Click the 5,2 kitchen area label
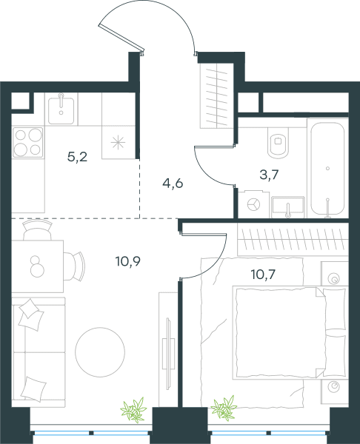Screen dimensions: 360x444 77,156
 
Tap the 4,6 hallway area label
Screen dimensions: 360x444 173,184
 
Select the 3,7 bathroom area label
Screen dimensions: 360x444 269,175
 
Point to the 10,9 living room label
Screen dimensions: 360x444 128,261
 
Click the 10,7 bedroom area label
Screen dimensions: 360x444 264,274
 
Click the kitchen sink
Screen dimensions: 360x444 61,109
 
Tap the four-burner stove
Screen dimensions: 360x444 28,142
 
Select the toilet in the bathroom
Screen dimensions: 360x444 278,142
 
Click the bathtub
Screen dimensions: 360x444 327,169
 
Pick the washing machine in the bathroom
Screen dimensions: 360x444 253,205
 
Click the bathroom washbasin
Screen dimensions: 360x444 288,207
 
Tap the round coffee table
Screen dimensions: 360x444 100,352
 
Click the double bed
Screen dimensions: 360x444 290,333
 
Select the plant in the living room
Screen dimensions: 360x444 133,410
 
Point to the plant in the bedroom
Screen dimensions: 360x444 224,408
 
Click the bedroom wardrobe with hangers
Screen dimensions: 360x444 293,239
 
